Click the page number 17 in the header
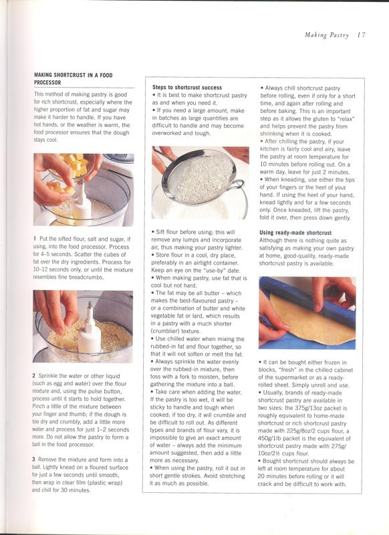pos(362,35)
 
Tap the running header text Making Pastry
pos(327,35)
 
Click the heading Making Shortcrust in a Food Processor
pos(73,79)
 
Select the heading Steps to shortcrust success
pos(187,88)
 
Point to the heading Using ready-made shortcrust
pos(295,233)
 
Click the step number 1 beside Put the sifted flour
pos(35,239)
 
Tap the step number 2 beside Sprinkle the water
pos(34,376)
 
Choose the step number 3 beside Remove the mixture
pos(33,459)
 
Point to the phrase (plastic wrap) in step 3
pos(106,482)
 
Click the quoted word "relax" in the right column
pos(346,119)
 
